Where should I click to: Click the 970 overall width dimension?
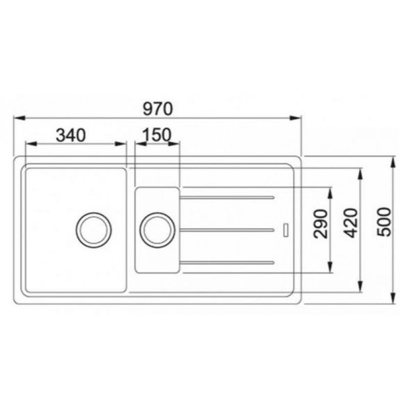[158, 109]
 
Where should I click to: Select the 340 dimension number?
[71, 135]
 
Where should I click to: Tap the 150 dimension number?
[157, 135]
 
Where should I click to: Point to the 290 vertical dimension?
[321, 224]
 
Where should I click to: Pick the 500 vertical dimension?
[385, 222]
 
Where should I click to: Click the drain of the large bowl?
[94, 230]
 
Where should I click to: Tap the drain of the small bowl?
[157, 230]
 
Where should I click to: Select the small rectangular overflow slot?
[286, 230]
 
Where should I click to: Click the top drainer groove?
[226, 197]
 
